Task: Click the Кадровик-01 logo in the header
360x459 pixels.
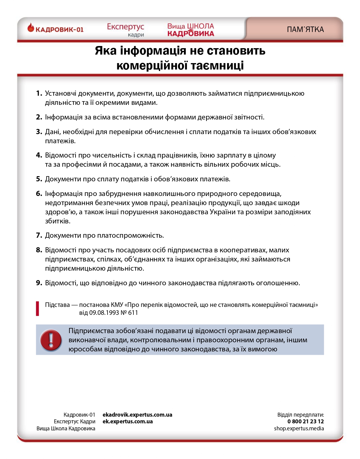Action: click(55, 29)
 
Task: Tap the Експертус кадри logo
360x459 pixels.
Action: click(125, 30)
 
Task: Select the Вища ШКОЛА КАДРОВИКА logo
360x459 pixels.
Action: click(191, 30)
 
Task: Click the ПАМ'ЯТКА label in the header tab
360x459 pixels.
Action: click(305, 30)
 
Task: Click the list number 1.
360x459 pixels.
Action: click(39, 93)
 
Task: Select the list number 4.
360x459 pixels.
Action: click(39, 155)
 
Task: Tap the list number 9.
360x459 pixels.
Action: click(39, 283)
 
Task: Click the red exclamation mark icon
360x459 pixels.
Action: click(51, 340)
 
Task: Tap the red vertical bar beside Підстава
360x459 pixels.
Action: click(37, 308)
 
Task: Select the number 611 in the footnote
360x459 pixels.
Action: click(133, 313)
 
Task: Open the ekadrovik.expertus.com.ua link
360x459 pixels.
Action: click(137, 415)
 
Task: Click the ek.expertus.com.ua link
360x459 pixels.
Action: click(128, 422)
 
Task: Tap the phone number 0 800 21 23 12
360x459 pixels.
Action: click(305, 422)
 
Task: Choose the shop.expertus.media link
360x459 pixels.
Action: click(299, 429)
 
